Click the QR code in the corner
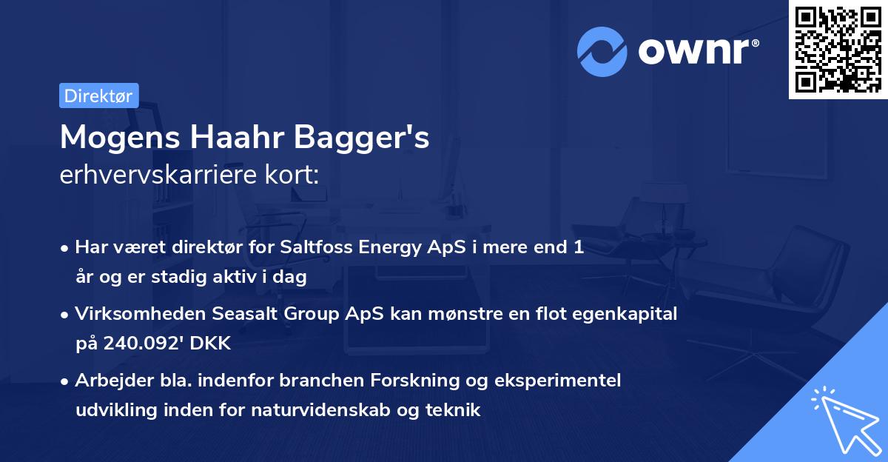[838, 49]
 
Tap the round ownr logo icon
[602, 51]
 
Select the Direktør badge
[98, 96]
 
